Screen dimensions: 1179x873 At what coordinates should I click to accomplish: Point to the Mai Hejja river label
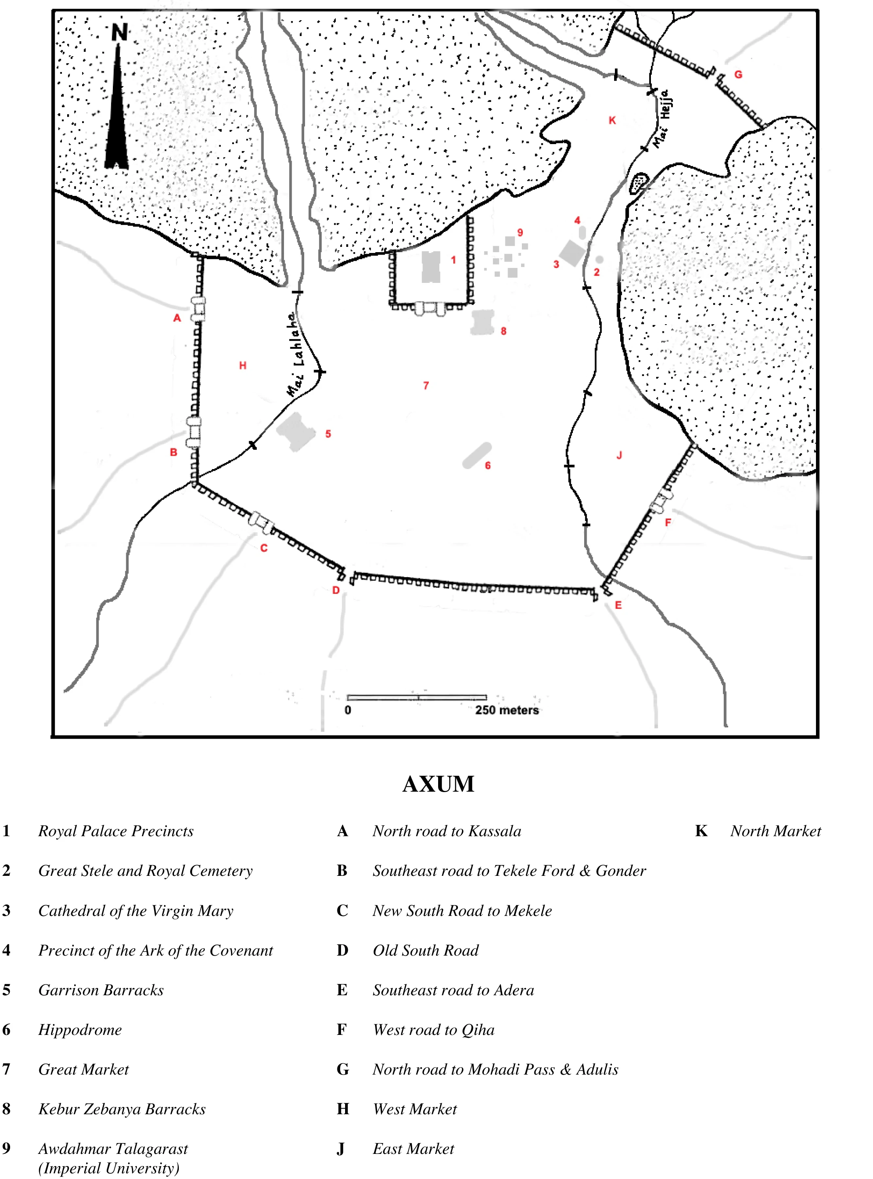pos(661,119)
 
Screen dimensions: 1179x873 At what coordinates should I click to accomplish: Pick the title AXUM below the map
pos(438,784)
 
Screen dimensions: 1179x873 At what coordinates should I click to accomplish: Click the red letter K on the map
pos(612,121)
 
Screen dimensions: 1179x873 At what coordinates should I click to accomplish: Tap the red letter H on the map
pos(243,365)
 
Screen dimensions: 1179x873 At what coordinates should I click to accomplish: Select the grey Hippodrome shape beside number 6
pos(477,456)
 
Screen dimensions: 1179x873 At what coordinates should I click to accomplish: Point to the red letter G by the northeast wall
pos(738,74)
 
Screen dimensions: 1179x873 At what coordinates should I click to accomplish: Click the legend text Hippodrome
pos(80,1030)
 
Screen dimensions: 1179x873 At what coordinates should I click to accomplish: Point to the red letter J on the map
pos(619,455)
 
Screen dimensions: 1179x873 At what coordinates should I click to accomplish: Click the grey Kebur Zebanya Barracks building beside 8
pos(482,322)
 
